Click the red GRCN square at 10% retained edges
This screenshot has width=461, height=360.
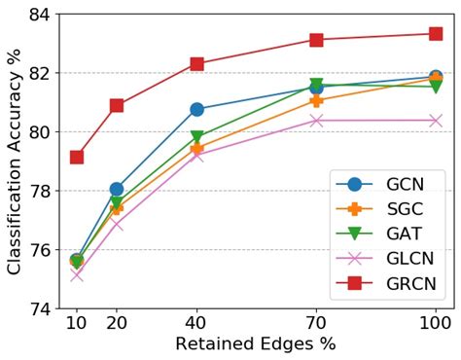coord(77,157)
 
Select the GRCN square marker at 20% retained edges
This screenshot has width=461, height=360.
coord(117,105)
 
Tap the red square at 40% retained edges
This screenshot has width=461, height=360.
coord(196,63)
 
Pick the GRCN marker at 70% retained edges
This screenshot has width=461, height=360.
coord(316,40)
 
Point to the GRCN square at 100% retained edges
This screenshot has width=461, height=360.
coord(435,33)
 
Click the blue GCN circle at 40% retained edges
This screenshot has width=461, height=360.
coord(196,109)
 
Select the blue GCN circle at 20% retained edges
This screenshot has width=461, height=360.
coord(117,189)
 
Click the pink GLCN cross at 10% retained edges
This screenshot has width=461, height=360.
coord(77,274)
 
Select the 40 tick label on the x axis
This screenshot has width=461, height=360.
coord(196,324)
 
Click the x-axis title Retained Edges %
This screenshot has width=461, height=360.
coord(255,345)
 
